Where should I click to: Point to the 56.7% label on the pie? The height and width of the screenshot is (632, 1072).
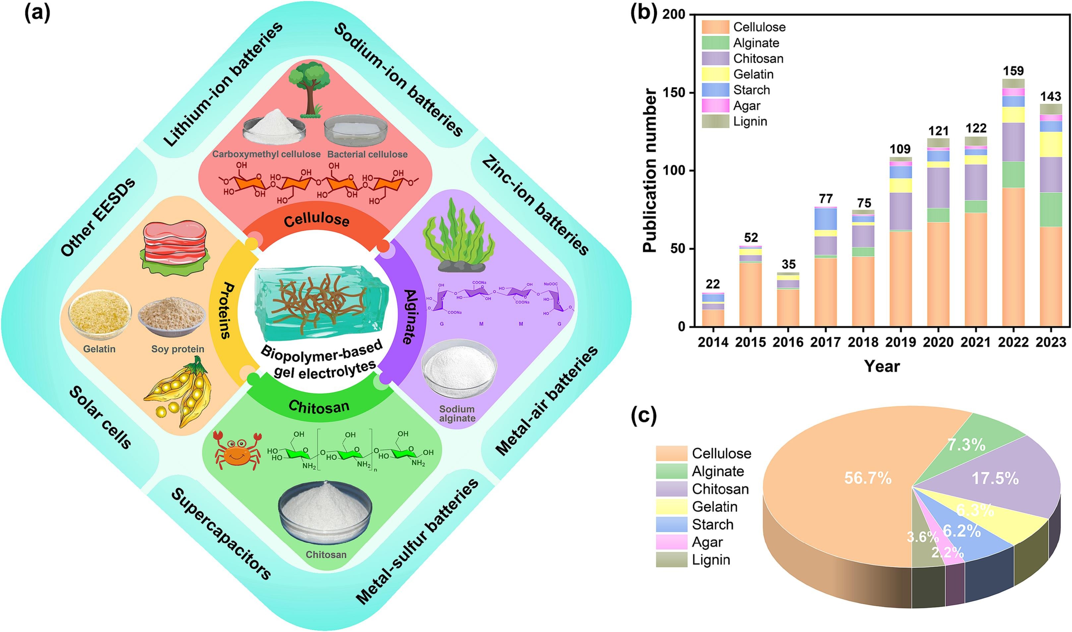(867, 478)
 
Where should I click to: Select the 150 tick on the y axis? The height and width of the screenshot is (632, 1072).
(674, 92)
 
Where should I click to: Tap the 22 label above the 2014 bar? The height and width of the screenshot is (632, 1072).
(712, 284)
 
